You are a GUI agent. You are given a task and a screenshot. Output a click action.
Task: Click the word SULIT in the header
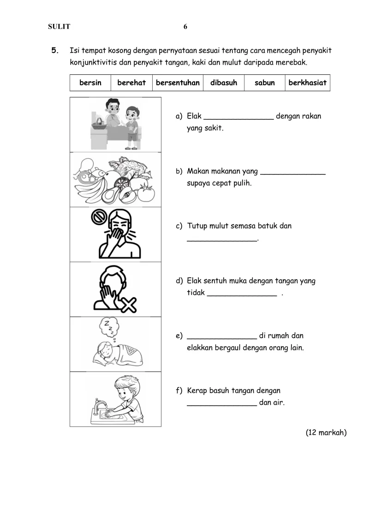pos(59,27)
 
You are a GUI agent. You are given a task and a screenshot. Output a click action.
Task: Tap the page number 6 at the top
pos(185,27)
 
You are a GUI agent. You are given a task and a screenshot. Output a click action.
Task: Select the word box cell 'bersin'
pos(90,83)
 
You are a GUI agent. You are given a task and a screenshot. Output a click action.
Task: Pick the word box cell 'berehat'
pos(131,83)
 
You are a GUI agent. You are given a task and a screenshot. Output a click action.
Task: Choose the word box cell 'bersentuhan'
pos(178,83)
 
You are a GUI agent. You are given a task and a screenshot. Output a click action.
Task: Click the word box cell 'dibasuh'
pos(224,83)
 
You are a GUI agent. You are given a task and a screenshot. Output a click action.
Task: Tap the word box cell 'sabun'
pos(264,83)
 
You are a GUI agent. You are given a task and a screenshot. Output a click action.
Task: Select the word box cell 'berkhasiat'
pos(308,83)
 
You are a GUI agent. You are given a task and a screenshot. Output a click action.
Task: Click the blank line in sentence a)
pos(238,119)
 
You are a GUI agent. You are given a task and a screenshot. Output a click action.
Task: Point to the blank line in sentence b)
pos(293,174)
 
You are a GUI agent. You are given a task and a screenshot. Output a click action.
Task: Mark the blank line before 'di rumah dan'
pos(222,339)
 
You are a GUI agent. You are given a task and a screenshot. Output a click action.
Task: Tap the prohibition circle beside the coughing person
pos(99,218)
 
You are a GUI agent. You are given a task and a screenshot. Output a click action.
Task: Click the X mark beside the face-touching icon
pos(128,305)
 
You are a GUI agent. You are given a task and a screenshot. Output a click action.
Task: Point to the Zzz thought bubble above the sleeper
pos(109,327)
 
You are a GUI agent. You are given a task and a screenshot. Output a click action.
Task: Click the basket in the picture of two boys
pos(99,124)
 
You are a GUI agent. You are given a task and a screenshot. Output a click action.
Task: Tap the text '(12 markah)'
pos(326,432)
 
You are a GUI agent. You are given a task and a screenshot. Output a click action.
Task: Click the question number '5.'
pos(55,51)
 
